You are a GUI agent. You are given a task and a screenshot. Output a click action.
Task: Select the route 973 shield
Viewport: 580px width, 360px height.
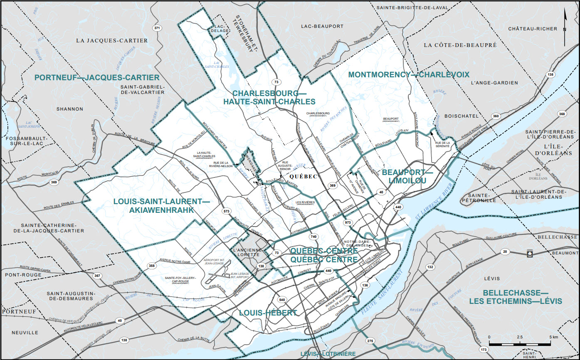point(348,223)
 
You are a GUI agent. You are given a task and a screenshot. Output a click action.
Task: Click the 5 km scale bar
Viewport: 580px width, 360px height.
point(520,343)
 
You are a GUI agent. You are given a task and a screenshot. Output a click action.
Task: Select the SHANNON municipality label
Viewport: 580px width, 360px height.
point(70,109)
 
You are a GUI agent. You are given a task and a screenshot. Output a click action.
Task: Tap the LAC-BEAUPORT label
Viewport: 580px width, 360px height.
point(322,26)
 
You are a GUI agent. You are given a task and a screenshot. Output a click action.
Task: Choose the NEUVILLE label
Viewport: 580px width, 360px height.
point(25,333)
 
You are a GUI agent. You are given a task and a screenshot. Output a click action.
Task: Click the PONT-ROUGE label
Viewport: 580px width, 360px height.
point(23,275)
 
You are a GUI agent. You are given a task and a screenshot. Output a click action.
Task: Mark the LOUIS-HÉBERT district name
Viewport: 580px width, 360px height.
point(268,313)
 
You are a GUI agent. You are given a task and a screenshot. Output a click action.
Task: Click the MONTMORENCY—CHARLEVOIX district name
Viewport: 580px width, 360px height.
point(408,75)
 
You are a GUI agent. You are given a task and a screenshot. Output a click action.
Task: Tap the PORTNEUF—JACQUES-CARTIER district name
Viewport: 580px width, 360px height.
point(97,78)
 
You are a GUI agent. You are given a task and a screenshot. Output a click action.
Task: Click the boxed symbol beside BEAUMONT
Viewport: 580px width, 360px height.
point(530,253)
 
